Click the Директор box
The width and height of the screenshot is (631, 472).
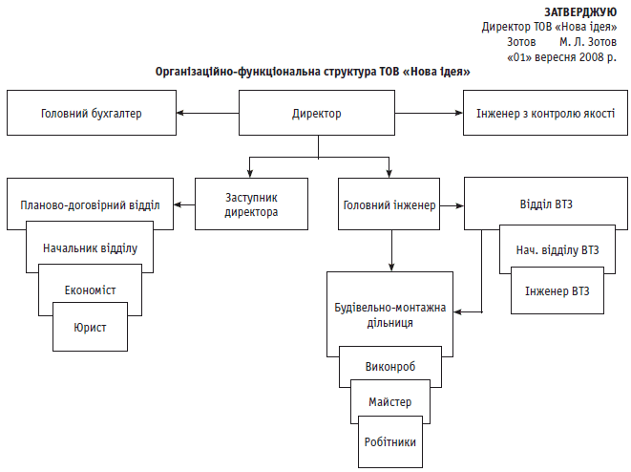(316, 114)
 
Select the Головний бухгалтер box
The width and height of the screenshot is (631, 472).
(91, 114)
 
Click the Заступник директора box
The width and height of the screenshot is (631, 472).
(251, 204)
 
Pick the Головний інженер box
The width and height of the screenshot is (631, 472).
(389, 204)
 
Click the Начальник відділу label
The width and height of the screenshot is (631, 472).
(90, 248)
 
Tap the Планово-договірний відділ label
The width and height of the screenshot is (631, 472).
(90, 204)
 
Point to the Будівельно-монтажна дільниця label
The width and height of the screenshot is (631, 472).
(389, 316)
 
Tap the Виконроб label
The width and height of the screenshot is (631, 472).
(389, 366)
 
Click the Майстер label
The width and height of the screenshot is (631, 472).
(389, 402)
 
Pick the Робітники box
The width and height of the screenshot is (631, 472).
(389, 441)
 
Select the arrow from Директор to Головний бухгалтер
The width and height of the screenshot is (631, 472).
(206, 114)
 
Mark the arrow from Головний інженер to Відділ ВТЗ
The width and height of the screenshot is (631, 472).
(452, 204)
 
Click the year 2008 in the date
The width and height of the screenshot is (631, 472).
(586, 57)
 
